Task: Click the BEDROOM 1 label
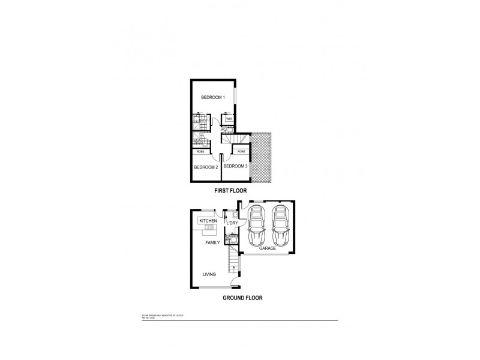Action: pyautogui.click(x=213, y=97)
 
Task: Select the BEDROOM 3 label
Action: pyautogui.click(x=236, y=166)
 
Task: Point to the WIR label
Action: pyautogui.click(x=229, y=119)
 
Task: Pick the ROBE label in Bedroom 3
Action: pyautogui.click(x=241, y=152)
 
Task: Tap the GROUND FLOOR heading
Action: pyautogui.click(x=242, y=298)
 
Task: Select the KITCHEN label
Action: pyautogui.click(x=208, y=221)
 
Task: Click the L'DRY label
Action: pyautogui.click(x=232, y=223)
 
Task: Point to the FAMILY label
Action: pyautogui.click(x=212, y=243)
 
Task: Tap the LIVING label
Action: pyautogui.click(x=209, y=275)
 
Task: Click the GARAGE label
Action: pyautogui.click(x=267, y=248)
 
